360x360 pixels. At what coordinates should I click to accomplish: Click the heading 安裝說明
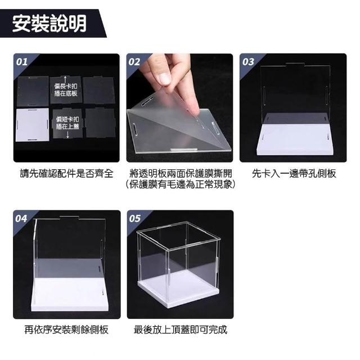(49, 23)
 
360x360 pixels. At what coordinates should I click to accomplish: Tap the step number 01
(22, 62)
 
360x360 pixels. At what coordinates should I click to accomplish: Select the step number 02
(134, 62)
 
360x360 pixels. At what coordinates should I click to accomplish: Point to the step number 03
(248, 62)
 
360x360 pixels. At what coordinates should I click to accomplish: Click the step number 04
(21, 219)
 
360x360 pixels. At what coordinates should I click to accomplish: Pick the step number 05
(134, 219)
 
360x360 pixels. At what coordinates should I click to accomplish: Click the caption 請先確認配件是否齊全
(66, 173)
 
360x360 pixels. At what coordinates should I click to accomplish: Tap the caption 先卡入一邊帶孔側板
(294, 173)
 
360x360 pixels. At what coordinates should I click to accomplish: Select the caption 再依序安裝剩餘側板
(66, 330)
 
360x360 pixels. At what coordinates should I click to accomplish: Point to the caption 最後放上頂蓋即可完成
(181, 330)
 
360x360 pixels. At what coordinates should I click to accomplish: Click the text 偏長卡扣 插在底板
(66, 90)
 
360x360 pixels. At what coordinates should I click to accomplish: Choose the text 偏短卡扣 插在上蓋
(67, 123)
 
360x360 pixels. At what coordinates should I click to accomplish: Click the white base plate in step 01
(33, 125)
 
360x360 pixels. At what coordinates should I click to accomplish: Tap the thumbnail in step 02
(180, 108)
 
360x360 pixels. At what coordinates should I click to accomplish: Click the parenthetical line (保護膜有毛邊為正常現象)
(181, 184)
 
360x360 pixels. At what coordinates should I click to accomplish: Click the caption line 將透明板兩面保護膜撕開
(181, 173)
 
